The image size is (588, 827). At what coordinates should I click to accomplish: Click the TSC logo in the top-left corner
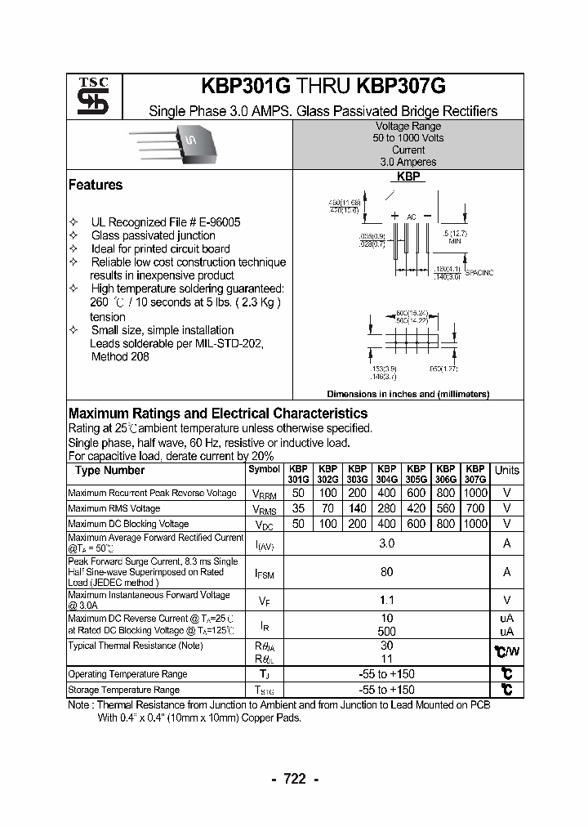(87, 96)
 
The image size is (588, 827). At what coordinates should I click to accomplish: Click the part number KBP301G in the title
(245, 87)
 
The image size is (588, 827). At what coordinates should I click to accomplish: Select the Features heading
(96, 185)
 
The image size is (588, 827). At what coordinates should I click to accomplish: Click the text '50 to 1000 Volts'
(408, 138)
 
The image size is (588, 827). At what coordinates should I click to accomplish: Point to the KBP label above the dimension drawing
(408, 177)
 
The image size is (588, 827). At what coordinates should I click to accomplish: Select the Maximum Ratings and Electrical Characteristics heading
(217, 413)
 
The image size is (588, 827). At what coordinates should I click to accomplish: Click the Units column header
(506, 470)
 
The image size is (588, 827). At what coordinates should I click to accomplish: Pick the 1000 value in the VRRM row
(474, 493)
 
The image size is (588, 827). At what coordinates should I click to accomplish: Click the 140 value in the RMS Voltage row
(357, 508)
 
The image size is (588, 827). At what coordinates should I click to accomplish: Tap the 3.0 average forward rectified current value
(387, 543)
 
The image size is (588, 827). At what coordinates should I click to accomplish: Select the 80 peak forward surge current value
(387, 572)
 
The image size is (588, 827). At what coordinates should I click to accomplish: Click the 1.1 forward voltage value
(387, 600)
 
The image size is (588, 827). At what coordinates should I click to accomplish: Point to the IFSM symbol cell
(264, 574)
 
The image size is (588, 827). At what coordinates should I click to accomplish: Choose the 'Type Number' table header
(109, 470)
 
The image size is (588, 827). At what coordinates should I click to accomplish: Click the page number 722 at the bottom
(294, 779)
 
